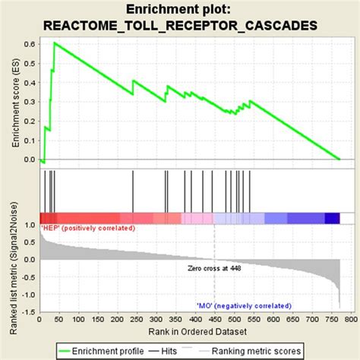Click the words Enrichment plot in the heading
[x=182, y=9]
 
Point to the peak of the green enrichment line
[x=55, y=43]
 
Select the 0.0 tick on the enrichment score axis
[x=28, y=159]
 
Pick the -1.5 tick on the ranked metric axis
[x=27, y=312]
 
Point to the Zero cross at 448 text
[x=215, y=268]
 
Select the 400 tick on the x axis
[x=193, y=321]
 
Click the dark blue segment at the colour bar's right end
[x=332, y=219]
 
